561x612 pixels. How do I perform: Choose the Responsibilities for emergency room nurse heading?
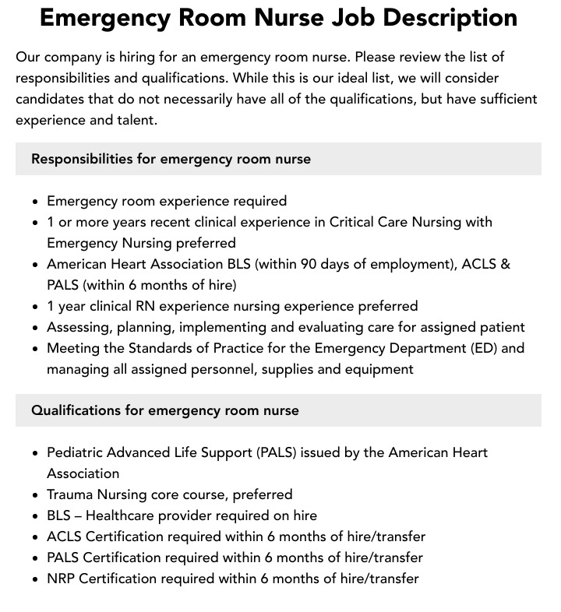click(x=171, y=159)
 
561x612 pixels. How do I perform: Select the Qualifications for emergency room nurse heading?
click(x=164, y=410)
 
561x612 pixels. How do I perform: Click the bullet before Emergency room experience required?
click(x=35, y=202)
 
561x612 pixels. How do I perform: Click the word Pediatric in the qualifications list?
click(x=77, y=452)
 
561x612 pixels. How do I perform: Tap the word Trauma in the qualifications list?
click(x=70, y=494)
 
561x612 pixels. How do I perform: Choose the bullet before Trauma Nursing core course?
click(x=35, y=495)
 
